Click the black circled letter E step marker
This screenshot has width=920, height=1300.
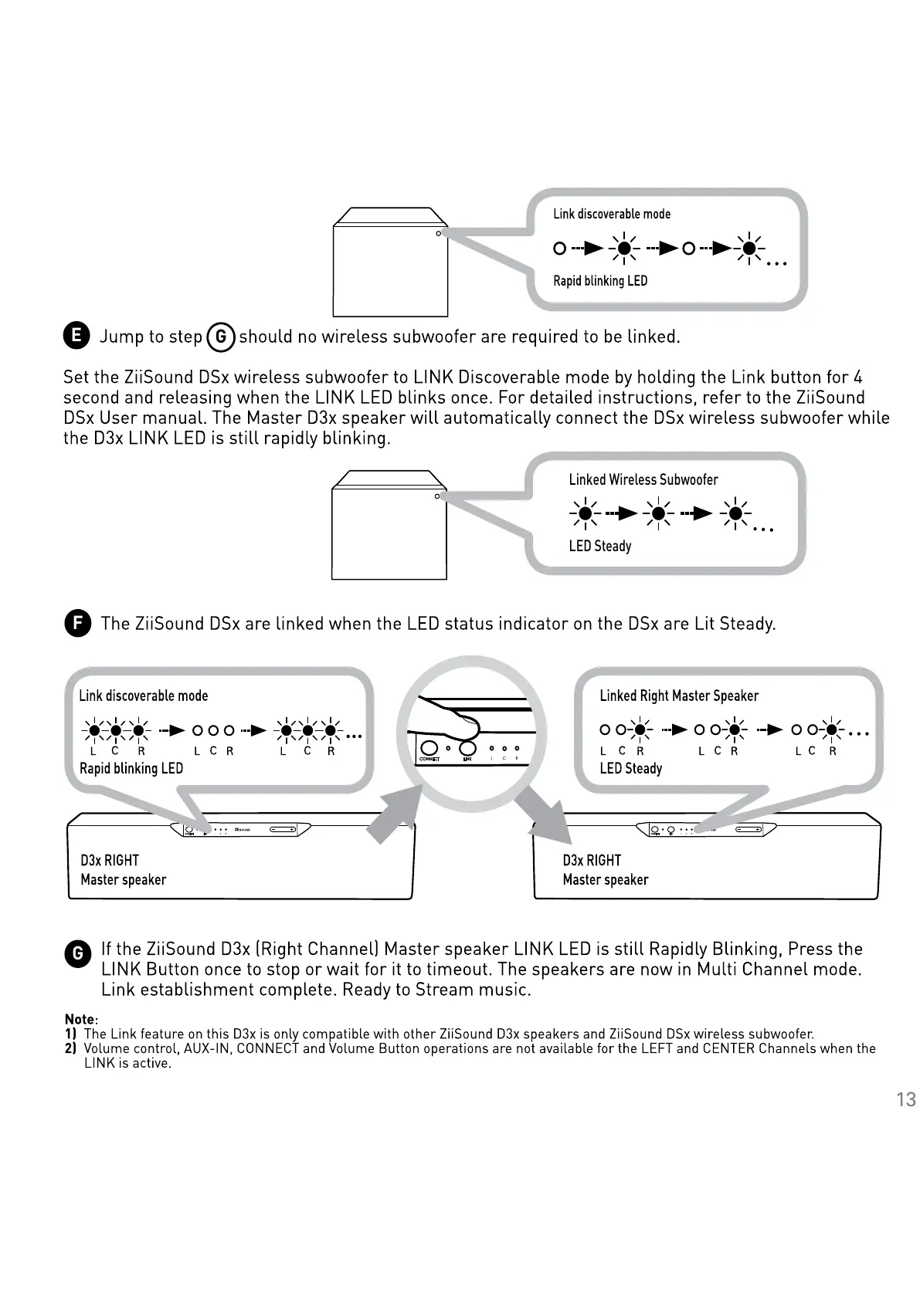[76, 335]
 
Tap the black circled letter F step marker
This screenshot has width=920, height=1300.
[76, 623]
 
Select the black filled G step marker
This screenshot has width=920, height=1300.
[76, 954]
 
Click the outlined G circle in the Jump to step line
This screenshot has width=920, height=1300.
[221, 337]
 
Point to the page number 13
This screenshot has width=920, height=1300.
[905, 1099]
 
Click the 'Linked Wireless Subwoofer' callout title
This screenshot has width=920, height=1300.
[643, 479]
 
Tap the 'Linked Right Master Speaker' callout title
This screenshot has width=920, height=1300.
[678, 696]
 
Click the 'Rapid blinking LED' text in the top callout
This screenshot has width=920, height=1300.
[599, 281]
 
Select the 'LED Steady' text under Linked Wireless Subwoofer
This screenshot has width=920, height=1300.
[599, 546]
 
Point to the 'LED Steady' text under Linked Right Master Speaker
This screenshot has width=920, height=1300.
[630, 768]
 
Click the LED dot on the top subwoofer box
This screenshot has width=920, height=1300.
[438, 233]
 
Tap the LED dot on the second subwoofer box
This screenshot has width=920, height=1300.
[437, 496]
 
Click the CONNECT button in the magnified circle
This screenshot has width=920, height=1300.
[429, 748]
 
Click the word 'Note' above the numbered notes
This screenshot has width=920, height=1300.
[80, 1019]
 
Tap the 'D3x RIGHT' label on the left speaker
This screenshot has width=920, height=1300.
[109, 860]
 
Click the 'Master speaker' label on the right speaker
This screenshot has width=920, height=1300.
[605, 879]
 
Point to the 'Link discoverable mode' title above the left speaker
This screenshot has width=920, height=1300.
[143, 696]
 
